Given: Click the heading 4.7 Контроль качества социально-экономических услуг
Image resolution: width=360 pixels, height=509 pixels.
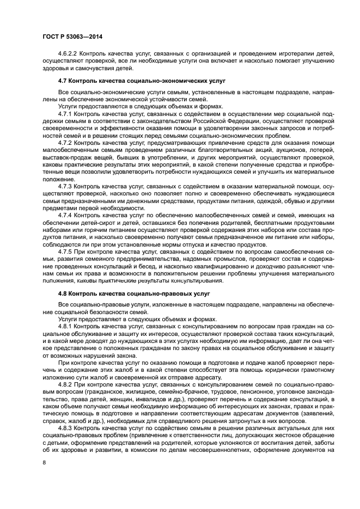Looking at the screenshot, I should (x=142, y=81).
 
